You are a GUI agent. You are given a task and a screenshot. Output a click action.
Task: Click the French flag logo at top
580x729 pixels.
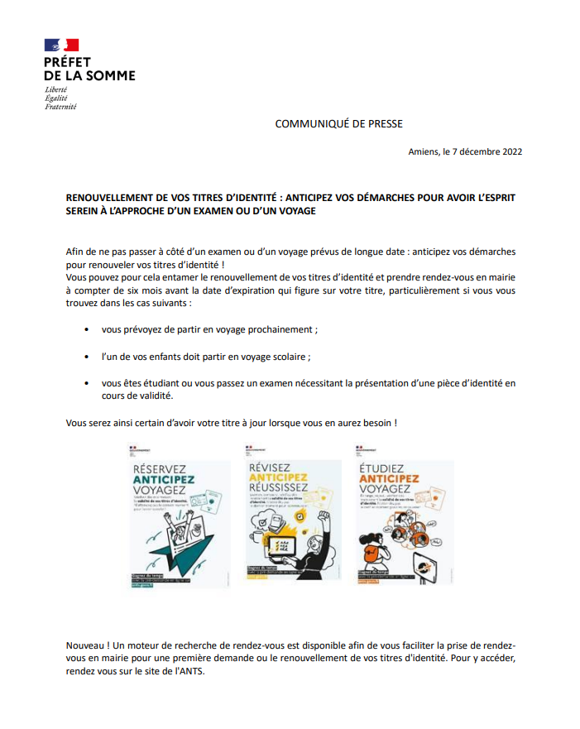tap(62, 46)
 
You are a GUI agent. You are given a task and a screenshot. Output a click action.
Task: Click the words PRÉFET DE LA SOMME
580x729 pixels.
tap(89, 69)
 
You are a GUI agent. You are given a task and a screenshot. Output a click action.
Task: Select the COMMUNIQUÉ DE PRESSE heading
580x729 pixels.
tap(338, 124)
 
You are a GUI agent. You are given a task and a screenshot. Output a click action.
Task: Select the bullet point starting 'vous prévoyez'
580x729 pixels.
tap(209, 329)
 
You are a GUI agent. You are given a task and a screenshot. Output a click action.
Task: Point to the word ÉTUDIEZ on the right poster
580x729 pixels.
tap(382, 468)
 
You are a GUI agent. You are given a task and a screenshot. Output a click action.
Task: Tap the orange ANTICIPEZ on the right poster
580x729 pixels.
tap(389, 478)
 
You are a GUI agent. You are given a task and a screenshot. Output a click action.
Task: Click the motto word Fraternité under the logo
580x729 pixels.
tap(60, 106)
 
